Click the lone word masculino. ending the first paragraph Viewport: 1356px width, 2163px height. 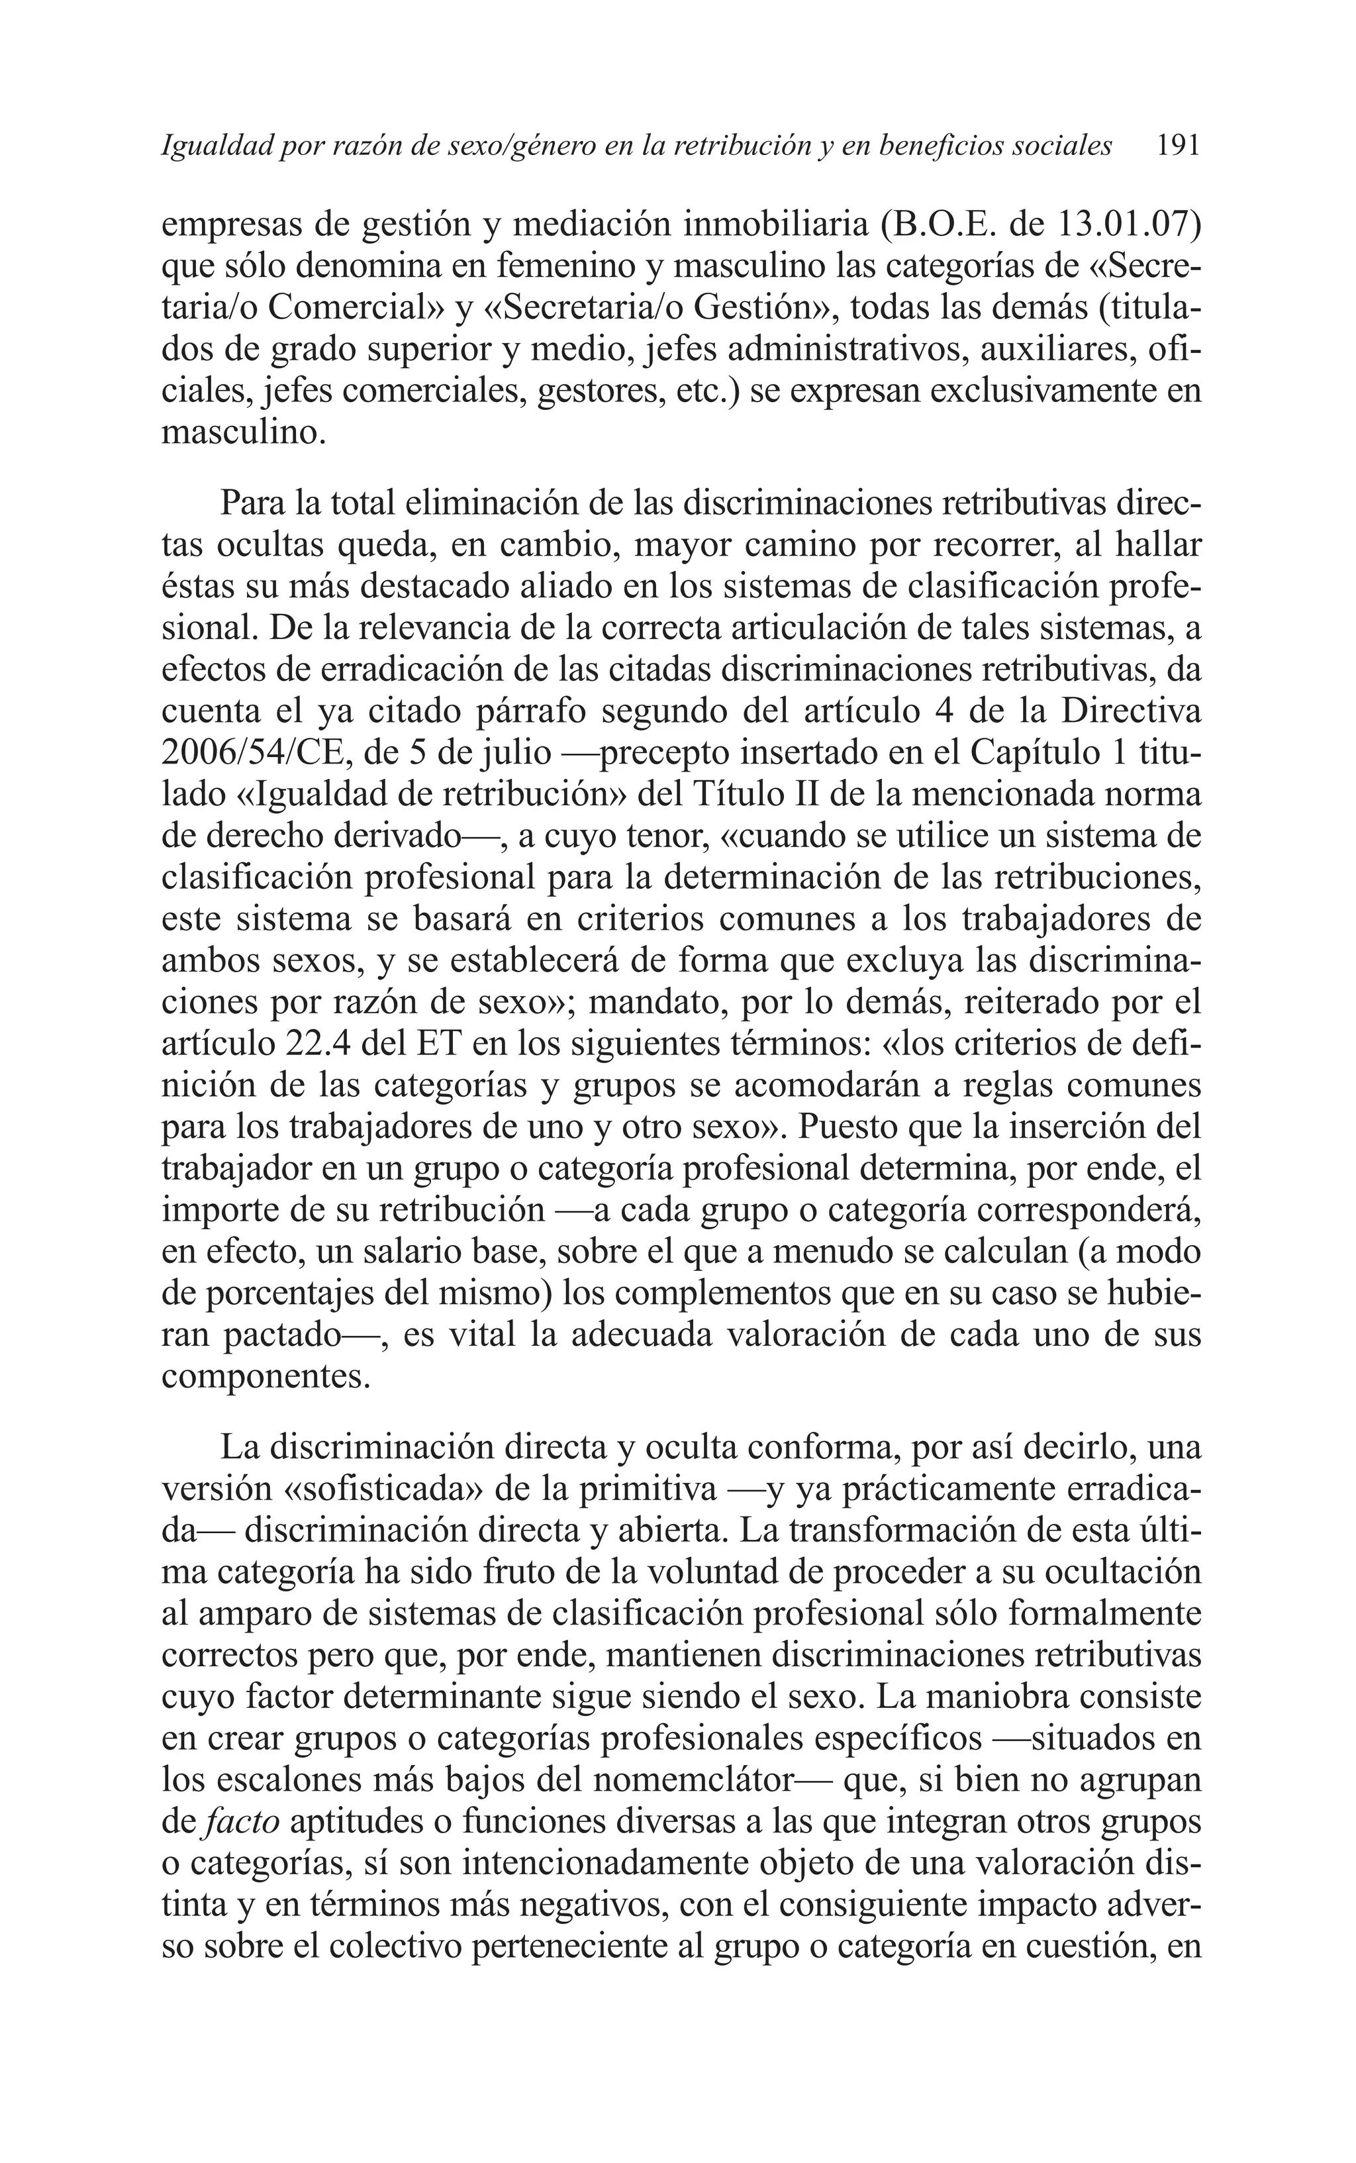click(243, 432)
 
